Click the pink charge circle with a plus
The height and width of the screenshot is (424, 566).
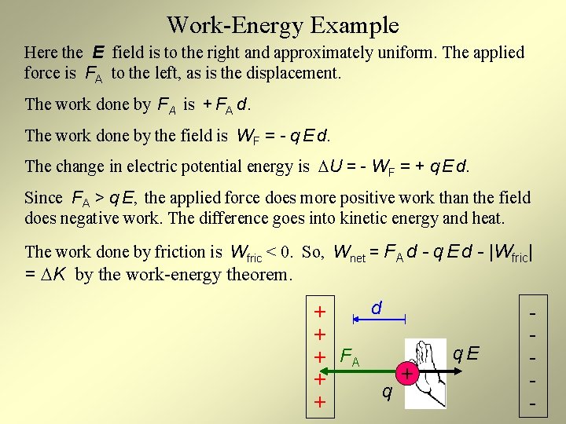(407, 372)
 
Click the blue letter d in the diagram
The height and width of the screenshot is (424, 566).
(377, 309)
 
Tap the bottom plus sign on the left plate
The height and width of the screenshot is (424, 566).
(320, 402)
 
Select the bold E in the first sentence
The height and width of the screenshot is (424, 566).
(98, 53)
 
